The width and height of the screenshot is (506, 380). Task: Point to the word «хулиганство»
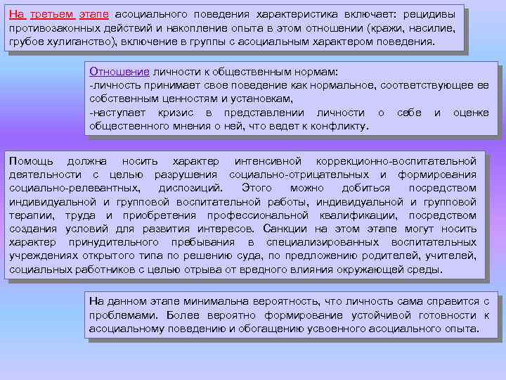pos(75,42)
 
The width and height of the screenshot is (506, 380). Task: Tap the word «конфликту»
pos(339,126)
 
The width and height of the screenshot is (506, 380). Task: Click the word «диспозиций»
pos(190,188)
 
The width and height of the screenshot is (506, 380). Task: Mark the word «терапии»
pos(29,215)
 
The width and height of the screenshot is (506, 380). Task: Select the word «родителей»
pos(387,256)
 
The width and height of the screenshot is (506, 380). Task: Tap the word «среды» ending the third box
pos(425,270)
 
